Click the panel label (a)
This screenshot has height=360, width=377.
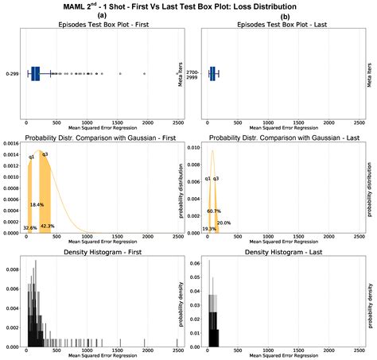click(102, 15)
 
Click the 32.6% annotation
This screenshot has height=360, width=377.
click(30, 228)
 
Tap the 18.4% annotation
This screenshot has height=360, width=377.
click(37, 205)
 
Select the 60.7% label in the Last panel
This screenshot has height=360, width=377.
click(214, 211)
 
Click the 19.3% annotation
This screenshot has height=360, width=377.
click(209, 229)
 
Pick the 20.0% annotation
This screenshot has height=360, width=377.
click(224, 223)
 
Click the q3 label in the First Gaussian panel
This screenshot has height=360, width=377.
click(45, 154)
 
